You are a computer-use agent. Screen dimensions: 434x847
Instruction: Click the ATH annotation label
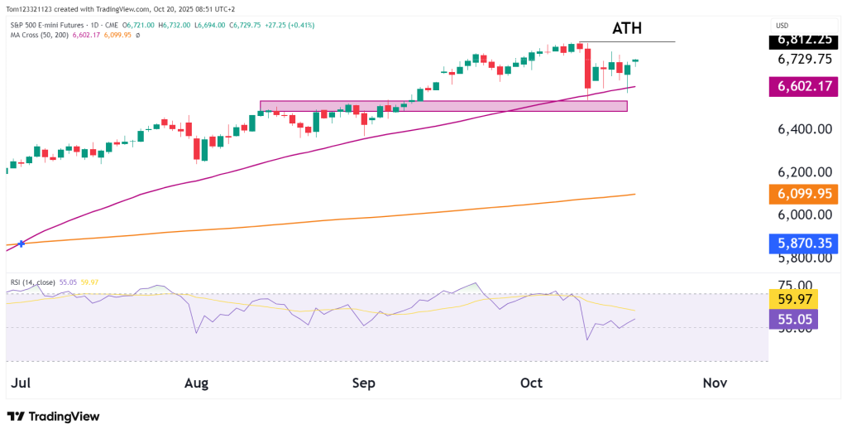(x=626, y=28)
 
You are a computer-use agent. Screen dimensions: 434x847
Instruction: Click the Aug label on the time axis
(x=196, y=383)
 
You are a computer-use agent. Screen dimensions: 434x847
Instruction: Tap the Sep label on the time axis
(x=364, y=383)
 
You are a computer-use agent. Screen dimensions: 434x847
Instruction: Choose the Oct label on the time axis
(x=531, y=383)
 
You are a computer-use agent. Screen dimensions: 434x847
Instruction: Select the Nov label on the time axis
(x=714, y=383)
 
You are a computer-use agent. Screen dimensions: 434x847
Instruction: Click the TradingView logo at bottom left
(x=53, y=417)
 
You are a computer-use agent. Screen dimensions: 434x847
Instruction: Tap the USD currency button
(x=781, y=25)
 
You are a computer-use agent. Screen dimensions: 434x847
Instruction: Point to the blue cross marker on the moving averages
(x=22, y=243)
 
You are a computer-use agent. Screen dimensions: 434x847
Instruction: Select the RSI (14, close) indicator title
(x=33, y=282)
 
